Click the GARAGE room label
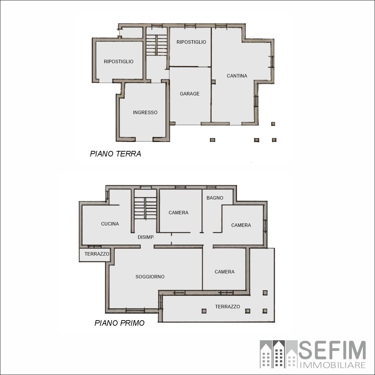click(x=190, y=94)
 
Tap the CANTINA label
click(x=237, y=76)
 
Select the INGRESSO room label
click(x=145, y=112)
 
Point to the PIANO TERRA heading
click(x=116, y=154)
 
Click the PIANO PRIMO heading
click(x=120, y=323)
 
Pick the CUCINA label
click(x=110, y=224)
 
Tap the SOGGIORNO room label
click(x=150, y=277)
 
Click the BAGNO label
click(x=215, y=198)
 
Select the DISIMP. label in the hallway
click(x=146, y=237)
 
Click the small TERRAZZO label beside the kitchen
click(x=97, y=254)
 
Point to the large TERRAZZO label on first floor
click(x=228, y=307)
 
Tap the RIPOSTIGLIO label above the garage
click(x=191, y=42)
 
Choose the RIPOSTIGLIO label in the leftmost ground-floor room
click(x=119, y=61)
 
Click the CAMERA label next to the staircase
click(x=178, y=213)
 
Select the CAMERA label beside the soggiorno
click(x=224, y=272)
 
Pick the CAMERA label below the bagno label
click(x=241, y=225)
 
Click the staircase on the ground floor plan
click(x=157, y=45)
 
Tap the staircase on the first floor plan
click(x=145, y=208)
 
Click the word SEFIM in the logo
click(x=332, y=350)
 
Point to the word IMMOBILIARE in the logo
click(x=333, y=365)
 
